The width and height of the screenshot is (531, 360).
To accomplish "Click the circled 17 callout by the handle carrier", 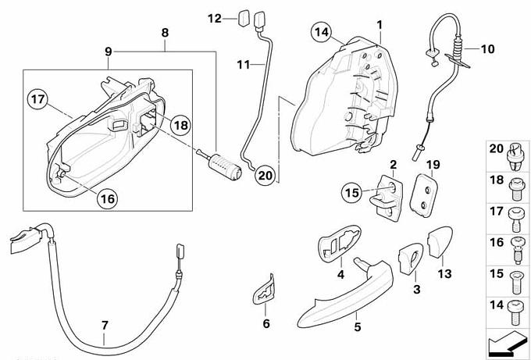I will pyautogui.click(x=38, y=100).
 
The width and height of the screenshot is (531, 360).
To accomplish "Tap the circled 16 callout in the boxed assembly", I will pyautogui.click(x=108, y=198).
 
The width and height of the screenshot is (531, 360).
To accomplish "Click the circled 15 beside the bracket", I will pyautogui.click(x=351, y=191).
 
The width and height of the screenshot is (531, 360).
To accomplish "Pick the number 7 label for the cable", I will pyautogui.click(x=105, y=325).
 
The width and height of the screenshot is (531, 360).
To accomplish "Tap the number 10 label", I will pyautogui.click(x=487, y=49).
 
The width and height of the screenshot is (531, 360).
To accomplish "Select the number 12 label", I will pyautogui.click(x=214, y=16).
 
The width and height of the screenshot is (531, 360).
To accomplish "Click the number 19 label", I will pyautogui.click(x=434, y=165).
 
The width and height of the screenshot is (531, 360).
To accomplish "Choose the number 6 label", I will pyautogui.click(x=265, y=323).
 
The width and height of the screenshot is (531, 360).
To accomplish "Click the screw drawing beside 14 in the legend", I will pyautogui.click(x=514, y=308).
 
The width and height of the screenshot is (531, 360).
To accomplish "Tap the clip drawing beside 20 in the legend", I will pyautogui.click(x=514, y=150).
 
